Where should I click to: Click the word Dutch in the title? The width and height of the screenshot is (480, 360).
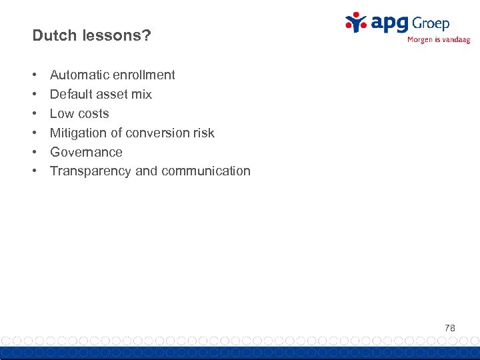click(53, 35)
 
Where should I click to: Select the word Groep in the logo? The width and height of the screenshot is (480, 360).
click(431, 23)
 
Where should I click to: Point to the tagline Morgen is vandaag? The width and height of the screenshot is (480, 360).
click(438, 40)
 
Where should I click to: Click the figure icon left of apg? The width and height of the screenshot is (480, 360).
click(357, 22)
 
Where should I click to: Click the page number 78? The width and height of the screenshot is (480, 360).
click(449, 328)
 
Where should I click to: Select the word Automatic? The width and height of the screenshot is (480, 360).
click(79, 75)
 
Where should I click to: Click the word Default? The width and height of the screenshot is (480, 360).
click(71, 94)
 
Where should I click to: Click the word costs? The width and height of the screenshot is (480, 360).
click(93, 113)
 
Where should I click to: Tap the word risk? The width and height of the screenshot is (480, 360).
click(203, 133)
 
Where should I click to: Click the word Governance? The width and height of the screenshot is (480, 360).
click(86, 152)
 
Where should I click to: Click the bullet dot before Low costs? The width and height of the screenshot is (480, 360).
click(34, 113)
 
